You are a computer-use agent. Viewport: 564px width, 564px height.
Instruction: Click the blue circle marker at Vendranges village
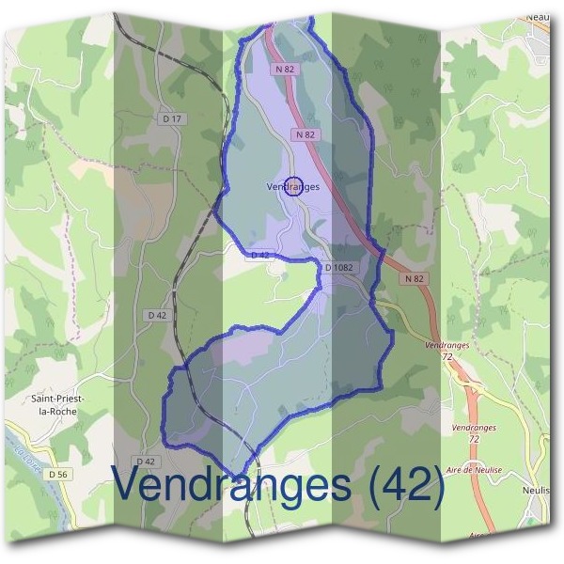[x=292, y=186]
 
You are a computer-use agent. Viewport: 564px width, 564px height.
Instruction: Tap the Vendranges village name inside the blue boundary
[x=292, y=187]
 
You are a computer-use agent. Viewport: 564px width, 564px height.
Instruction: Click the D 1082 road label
[x=339, y=268]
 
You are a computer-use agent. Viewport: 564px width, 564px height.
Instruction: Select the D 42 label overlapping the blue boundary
[x=259, y=255]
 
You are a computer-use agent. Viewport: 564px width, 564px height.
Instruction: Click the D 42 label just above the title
[x=145, y=462]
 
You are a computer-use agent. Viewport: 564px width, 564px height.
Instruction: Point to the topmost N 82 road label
[x=286, y=70]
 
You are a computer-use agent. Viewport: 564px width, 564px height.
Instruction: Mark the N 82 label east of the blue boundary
[x=416, y=278]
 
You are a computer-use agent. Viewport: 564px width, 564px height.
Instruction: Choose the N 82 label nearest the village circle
[x=305, y=135]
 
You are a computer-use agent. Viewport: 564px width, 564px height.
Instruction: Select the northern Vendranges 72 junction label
[x=446, y=352]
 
